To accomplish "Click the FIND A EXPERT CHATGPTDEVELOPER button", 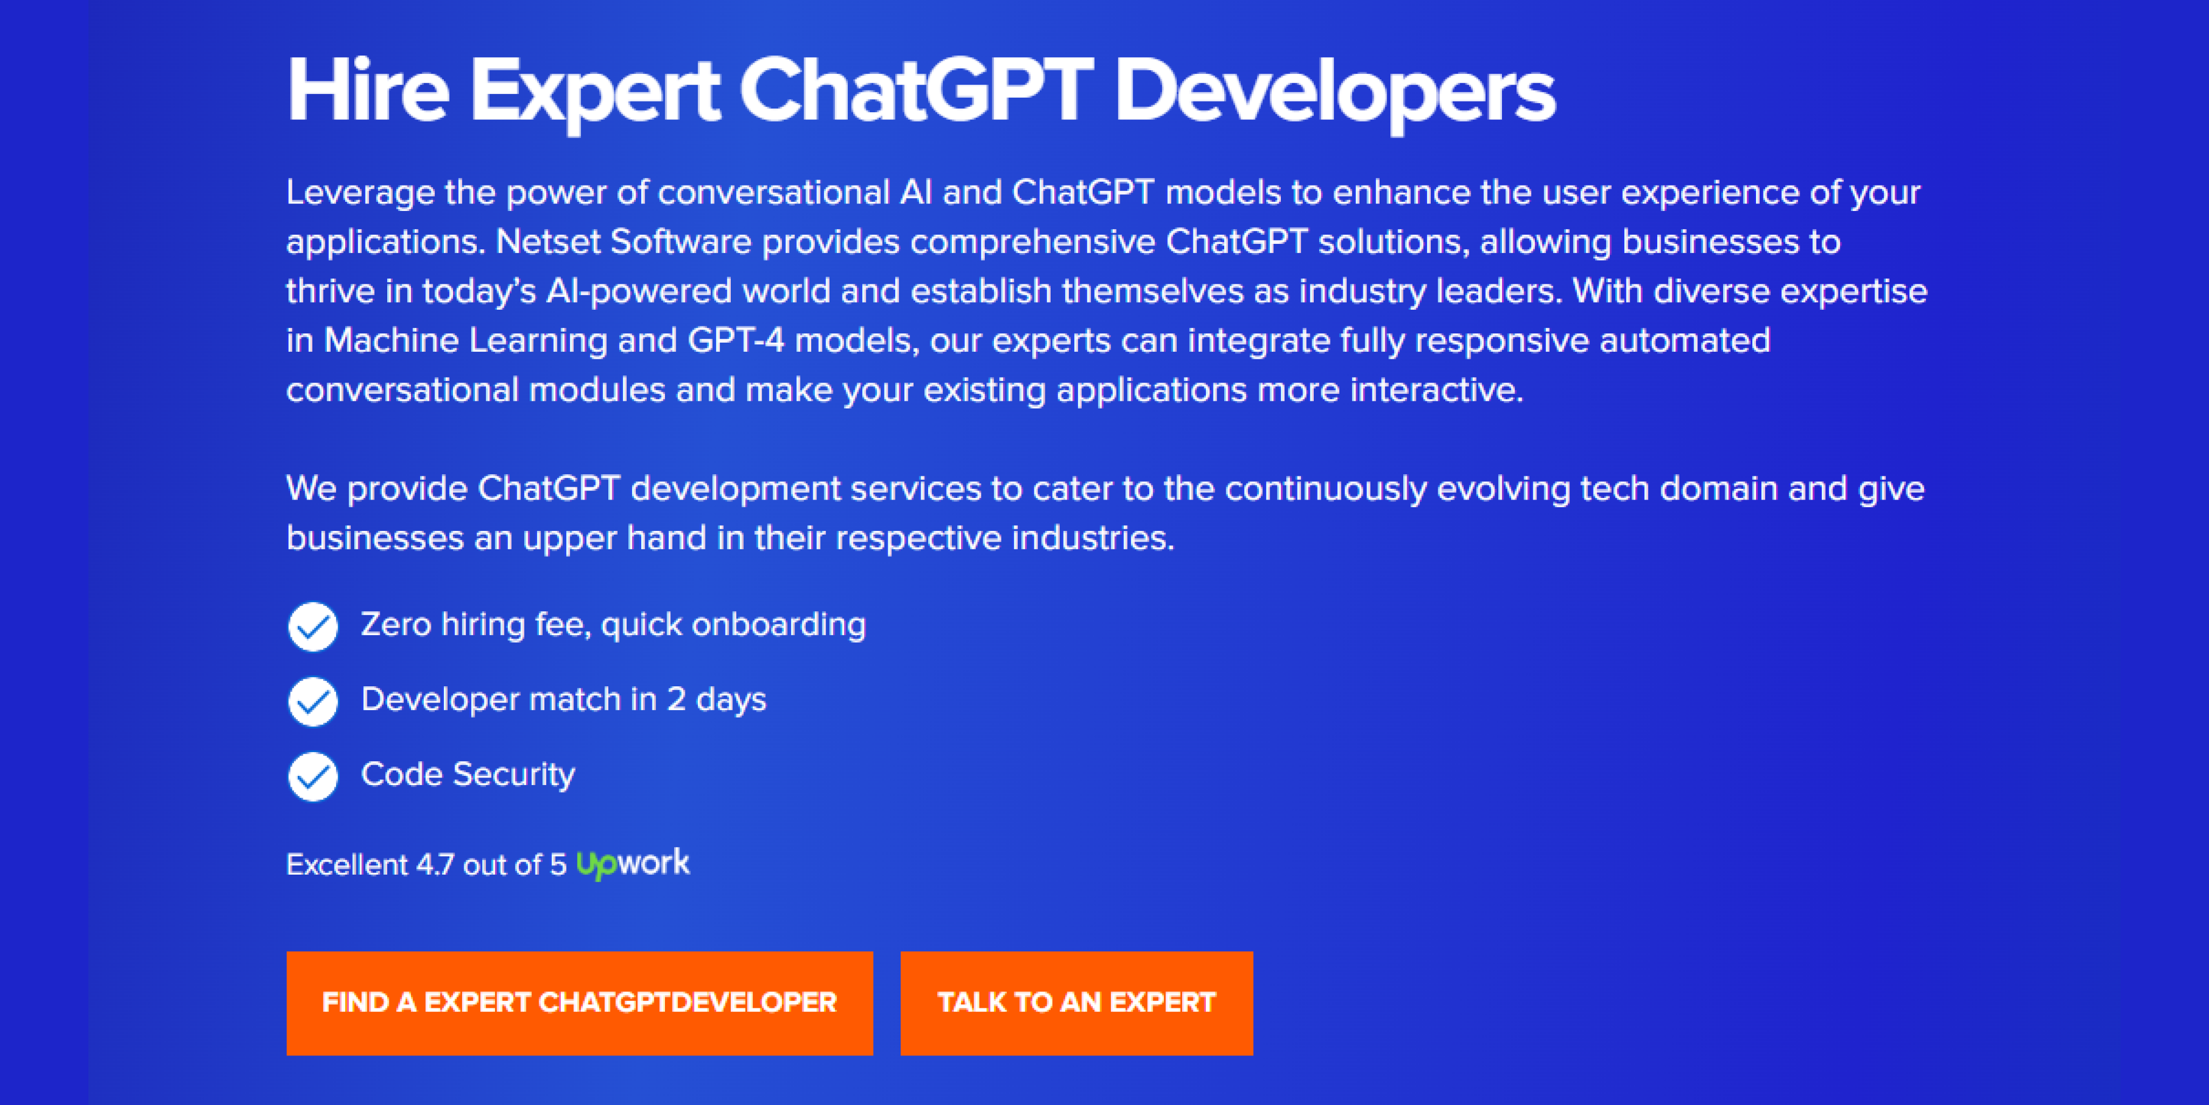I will click(x=580, y=1003).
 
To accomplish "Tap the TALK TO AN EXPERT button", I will click(x=1076, y=1003).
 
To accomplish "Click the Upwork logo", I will click(x=633, y=863).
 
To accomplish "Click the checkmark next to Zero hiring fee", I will click(x=313, y=626).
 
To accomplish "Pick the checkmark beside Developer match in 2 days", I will click(x=313, y=701).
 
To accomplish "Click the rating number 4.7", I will click(x=435, y=865).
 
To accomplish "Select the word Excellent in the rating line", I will click(x=347, y=865).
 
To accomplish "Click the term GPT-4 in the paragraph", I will click(x=736, y=340).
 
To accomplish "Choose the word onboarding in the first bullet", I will click(x=779, y=625).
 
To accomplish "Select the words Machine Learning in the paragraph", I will click(x=465, y=340).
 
